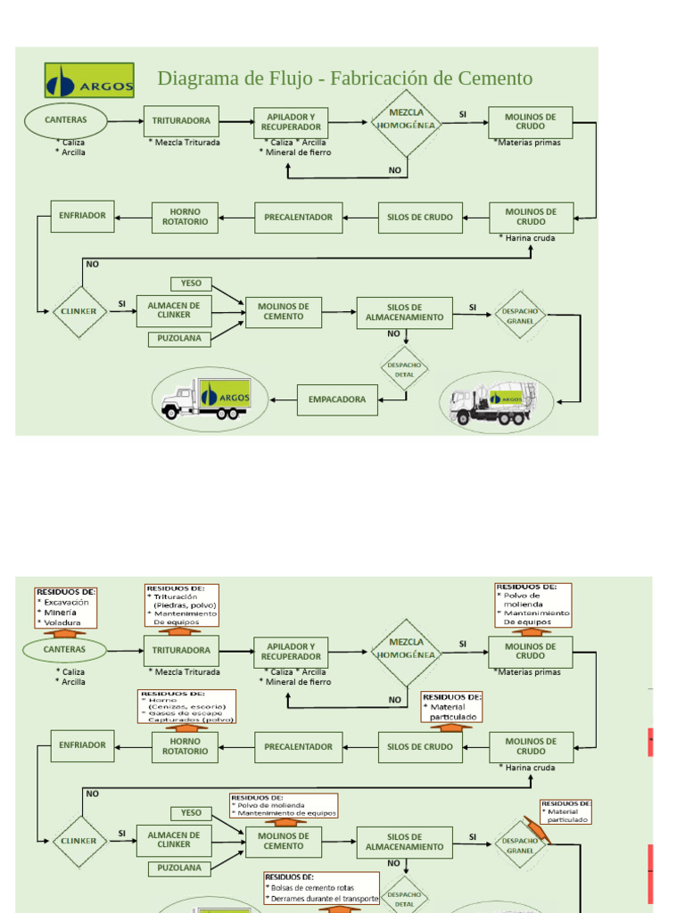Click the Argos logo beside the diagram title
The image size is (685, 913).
[x=89, y=80]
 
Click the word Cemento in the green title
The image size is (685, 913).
[x=495, y=78]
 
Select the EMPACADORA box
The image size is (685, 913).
[x=337, y=399]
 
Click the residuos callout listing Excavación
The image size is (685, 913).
[x=65, y=606]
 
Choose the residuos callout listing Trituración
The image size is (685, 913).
[x=182, y=605]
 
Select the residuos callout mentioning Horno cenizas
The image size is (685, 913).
[x=186, y=706]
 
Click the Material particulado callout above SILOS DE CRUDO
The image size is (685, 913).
[x=452, y=706]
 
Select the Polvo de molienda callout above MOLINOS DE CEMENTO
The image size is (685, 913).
[x=284, y=805]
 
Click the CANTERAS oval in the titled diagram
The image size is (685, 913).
[x=66, y=120]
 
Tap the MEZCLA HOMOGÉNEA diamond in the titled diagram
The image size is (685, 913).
[x=407, y=120]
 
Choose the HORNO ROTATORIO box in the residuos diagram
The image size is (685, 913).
[x=185, y=746]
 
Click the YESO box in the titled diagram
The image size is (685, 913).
[x=191, y=284]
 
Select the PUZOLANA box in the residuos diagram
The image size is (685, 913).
[x=179, y=868]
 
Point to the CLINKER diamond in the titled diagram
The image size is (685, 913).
[x=79, y=312]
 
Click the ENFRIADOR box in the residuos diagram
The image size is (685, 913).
[x=82, y=745]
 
